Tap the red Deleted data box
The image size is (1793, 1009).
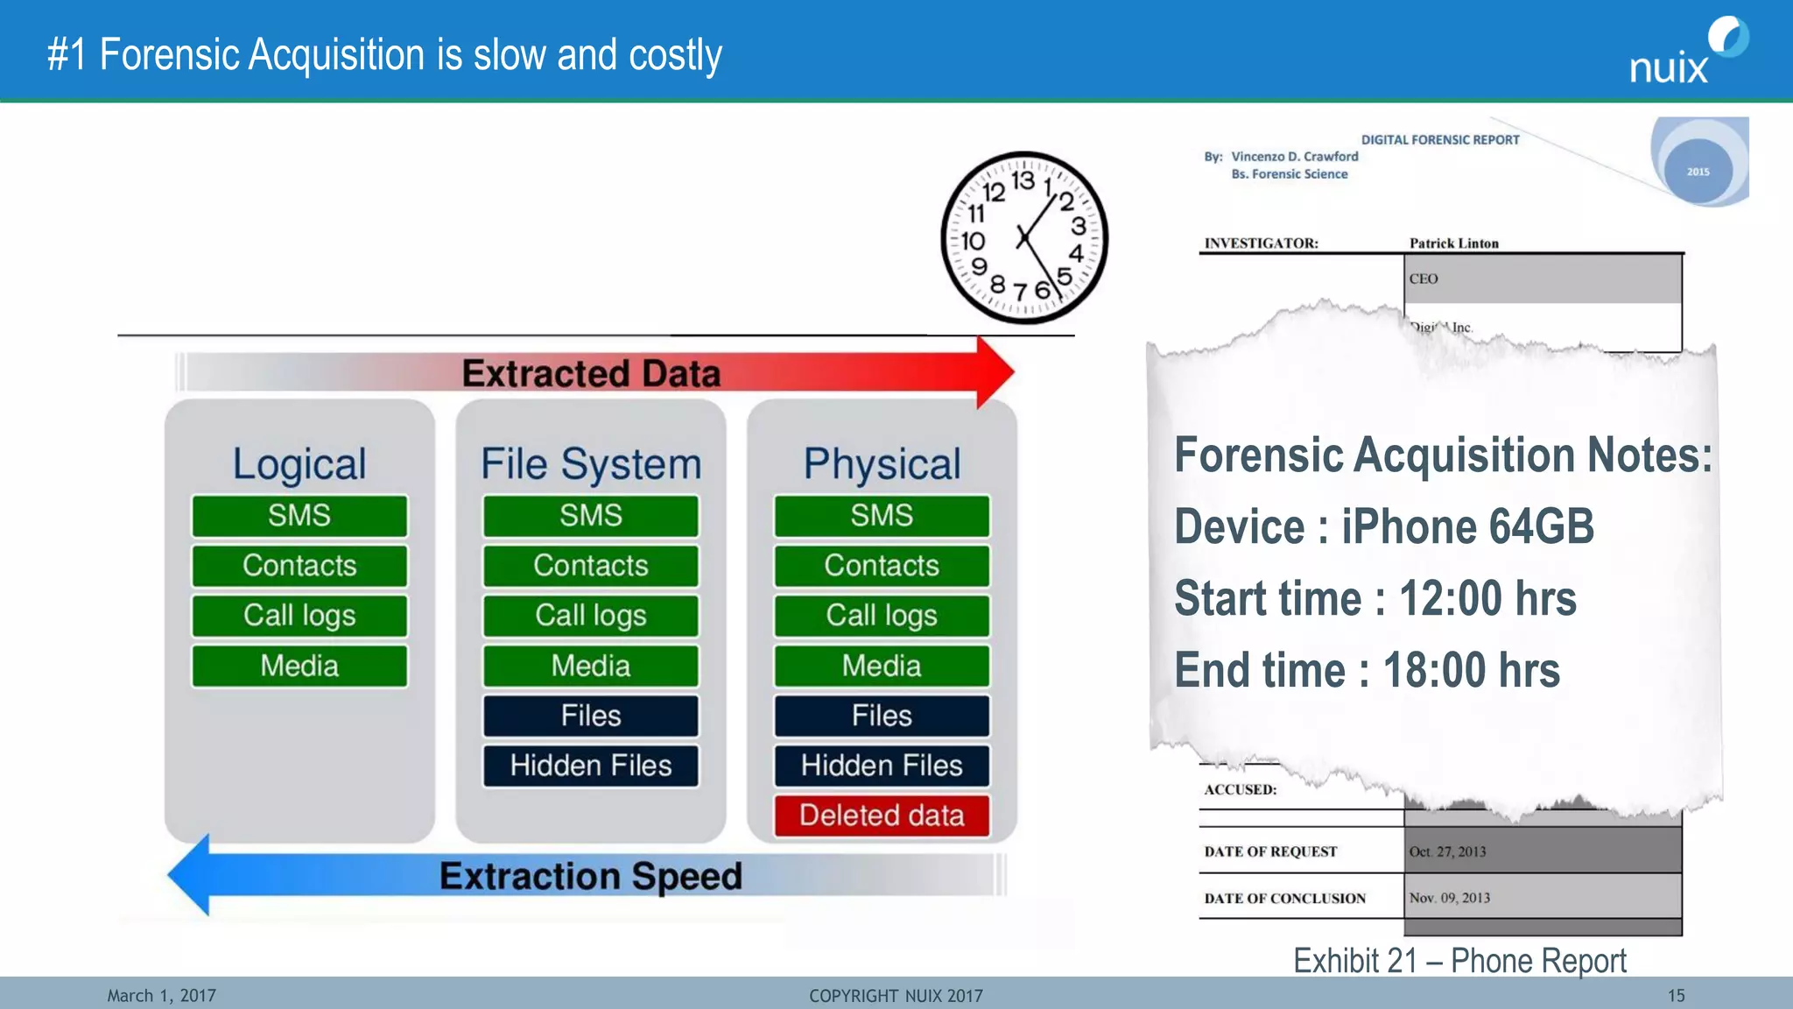coord(882,815)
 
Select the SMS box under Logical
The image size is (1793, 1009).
coord(299,516)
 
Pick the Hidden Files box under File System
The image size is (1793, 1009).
coord(591,766)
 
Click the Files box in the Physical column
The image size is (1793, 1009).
coord(882,716)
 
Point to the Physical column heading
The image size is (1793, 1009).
coord(882,463)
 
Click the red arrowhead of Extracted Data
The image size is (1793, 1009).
coord(994,372)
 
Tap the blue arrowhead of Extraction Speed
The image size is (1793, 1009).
coord(191,875)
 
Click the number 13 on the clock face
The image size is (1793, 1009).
coord(1023,180)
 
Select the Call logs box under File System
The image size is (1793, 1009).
coord(591,616)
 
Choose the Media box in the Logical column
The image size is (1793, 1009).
coord(299,666)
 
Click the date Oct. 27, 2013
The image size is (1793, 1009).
coord(1447,851)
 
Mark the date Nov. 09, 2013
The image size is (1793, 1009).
coord(1449,898)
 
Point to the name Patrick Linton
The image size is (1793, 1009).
coord(1453,243)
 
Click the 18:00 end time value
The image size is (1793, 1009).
coord(1471,670)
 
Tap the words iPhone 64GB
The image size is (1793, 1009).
coord(1467,526)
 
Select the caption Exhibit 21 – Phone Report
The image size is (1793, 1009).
coord(1459,961)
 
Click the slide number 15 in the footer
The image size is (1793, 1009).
coord(1676,996)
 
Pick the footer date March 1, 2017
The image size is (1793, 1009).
coord(161,996)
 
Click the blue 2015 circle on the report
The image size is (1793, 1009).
coord(1698,172)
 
